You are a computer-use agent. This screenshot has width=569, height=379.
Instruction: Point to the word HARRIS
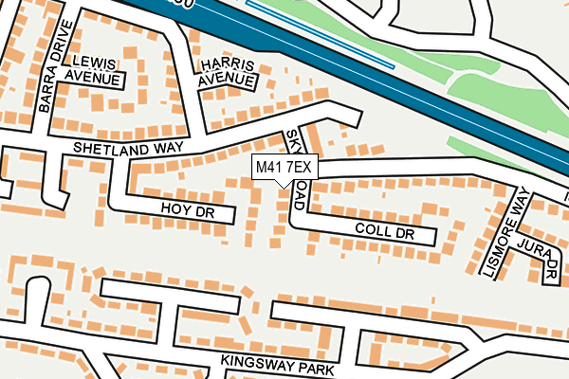click(228, 64)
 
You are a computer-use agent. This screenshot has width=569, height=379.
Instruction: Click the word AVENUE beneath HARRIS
click(228, 81)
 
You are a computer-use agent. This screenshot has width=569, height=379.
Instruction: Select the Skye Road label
click(296, 169)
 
